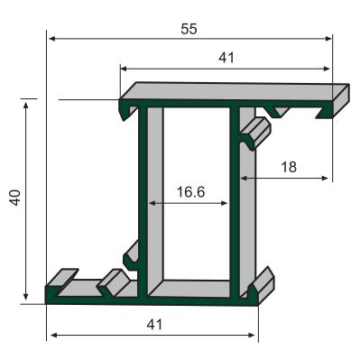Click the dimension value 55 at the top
pyautogui.click(x=189, y=30)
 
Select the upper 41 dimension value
pyautogui.click(x=226, y=58)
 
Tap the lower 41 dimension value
pyautogui.click(x=154, y=325)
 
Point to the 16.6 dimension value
pyautogui.click(x=190, y=192)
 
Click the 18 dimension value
pyautogui.click(x=289, y=167)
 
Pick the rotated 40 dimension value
pyautogui.click(x=15, y=198)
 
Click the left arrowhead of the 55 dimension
pyautogui.click(x=52, y=39)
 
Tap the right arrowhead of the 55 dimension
pyautogui.click(x=328, y=39)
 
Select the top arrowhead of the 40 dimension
pyautogui.click(x=26, y=106)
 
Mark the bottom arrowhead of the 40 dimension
pyautogui.click(x=26, y=297)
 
